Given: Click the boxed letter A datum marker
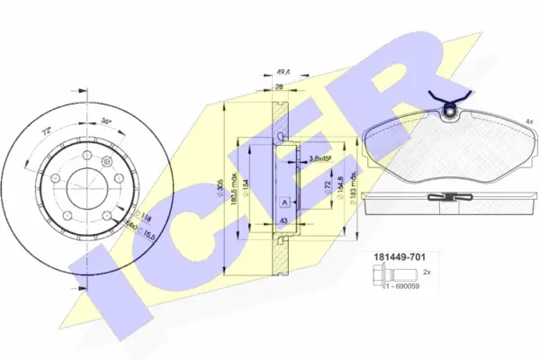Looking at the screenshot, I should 283,201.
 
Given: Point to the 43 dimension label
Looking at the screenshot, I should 283,220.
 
